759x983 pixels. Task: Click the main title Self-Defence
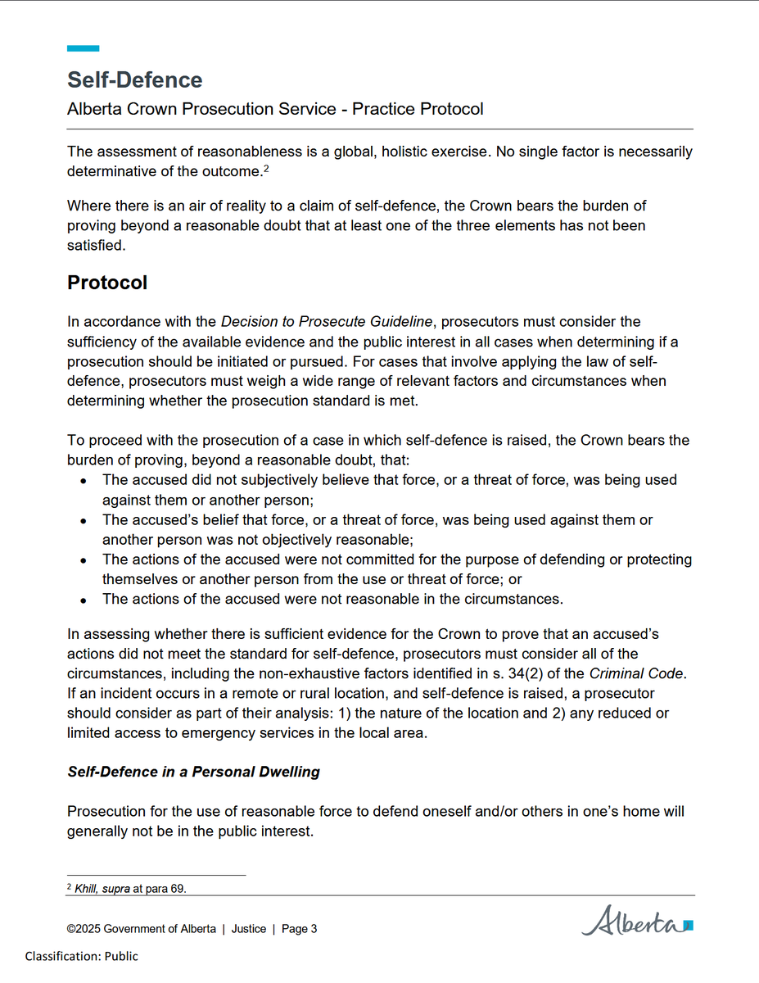pos(134,79)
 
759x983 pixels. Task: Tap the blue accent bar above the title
pos(83,48)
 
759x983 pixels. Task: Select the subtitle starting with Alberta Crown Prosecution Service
pos(275,108)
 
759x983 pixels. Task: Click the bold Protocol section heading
pos(107,283)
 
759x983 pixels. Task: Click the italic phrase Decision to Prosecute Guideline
pos(332,321)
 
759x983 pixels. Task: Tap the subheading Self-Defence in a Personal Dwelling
pos(193,772)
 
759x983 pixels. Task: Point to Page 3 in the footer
pos(299,928)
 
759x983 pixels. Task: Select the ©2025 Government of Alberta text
pos(141,928)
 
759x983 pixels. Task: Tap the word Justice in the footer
pos(248,928)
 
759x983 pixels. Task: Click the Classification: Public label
pos(81,956)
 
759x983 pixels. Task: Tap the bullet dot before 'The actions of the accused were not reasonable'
pos(84,600)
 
